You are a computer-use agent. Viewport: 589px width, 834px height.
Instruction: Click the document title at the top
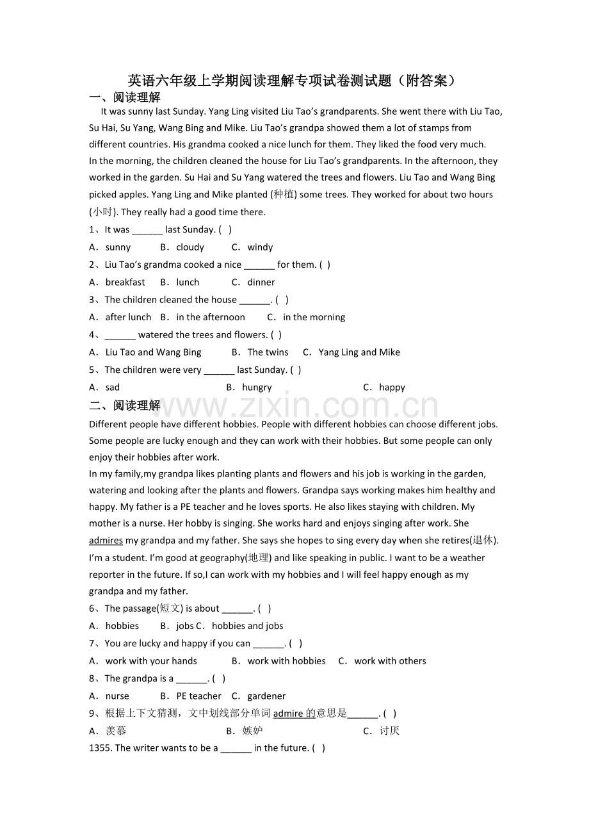click(x=294, y=81)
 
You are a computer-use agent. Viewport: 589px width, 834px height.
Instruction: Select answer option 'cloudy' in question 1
click(x=190, y=247)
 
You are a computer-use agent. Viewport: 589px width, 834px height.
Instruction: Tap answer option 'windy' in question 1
click(x=260, y=247)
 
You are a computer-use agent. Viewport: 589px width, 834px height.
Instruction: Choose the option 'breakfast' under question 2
click(x=125, y=282)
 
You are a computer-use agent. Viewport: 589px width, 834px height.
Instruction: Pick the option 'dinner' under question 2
click(x=261, y=282)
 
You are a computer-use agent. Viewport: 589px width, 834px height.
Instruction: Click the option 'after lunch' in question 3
click(x=128, y=317)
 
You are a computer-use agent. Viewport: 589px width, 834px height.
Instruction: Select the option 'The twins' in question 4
click(x=268, y=352)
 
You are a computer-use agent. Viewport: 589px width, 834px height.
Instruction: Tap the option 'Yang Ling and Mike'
click(x=359, y=352)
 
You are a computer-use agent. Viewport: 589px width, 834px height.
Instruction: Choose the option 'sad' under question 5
click(x=113, y=388)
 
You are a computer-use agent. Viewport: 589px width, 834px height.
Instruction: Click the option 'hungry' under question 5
click(x=257, y=388)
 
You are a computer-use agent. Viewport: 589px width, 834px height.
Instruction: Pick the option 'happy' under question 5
click(x=392, y=388)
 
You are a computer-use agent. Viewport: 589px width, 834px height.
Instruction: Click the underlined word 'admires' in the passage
click(x=106, y=541)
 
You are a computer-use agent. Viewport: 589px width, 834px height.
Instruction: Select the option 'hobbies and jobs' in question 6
click(x=247, y=626)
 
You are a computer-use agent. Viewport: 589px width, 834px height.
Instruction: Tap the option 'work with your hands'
click(x=151, y=661)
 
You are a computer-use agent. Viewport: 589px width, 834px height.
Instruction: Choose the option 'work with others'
click(x=390, y=661)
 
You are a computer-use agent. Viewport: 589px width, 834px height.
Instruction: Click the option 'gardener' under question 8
click(x=266, y=696)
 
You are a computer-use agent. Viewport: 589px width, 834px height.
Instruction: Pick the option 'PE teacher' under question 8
click(x=198, y=696)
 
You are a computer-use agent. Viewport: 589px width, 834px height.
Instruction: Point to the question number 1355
click(x=100, y=748)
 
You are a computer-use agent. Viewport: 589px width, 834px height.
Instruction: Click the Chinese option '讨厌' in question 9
click(x=389, y=731)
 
